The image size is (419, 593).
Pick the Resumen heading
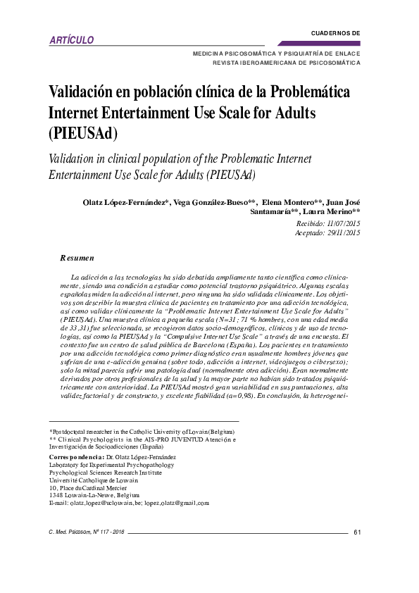tap(77, 258)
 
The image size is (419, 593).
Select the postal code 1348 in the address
tap(56, 495)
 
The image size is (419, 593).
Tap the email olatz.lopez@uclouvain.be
tap(104, 503)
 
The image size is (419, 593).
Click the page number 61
tap(357, 532)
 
